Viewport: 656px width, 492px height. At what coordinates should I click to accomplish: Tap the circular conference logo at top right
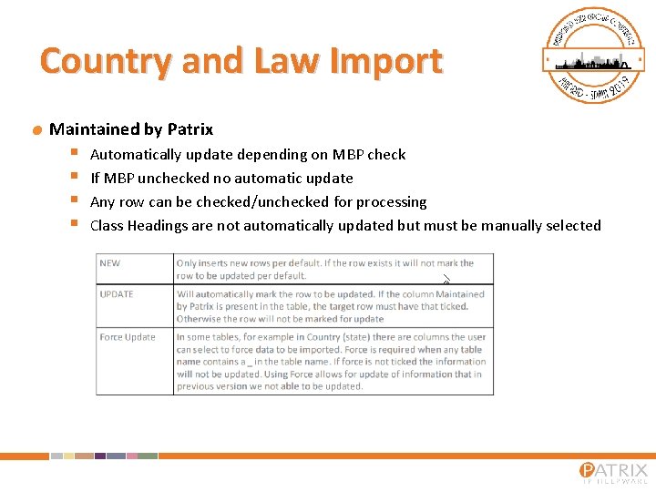click(x=588, y=55)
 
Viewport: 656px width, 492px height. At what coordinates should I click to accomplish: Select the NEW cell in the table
click(x=110, y=263)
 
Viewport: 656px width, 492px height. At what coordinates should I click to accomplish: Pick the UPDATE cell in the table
click(x=117, y=294)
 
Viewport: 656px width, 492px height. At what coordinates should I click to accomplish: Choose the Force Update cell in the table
click(x=128, y=337)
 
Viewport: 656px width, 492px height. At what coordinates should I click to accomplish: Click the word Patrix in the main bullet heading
click(x=190, y=129)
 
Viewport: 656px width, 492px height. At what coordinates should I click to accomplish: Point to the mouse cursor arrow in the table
click(x=446, y=279)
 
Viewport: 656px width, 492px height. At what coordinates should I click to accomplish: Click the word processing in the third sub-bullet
click(x=391, y=202)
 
